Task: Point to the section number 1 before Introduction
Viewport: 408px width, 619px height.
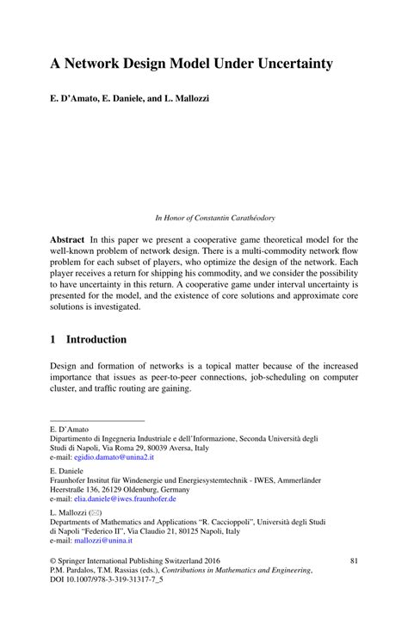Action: (53, 339)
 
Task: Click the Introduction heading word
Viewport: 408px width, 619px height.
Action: (96, 339)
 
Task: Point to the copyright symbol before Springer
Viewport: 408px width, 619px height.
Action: (54, 560)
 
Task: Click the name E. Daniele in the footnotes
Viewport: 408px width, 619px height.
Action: (69, 472)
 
